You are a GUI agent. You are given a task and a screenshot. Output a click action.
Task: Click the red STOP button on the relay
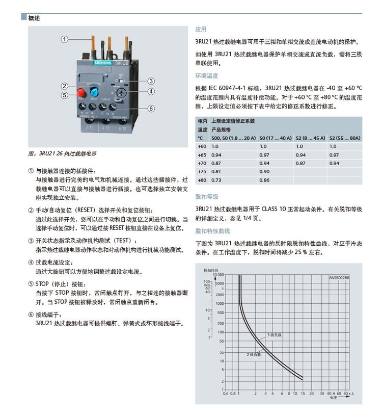coord(80,92)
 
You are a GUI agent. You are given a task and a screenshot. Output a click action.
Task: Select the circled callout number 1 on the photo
coord(65,39)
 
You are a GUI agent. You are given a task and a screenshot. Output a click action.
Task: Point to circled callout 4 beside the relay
coord(151,92)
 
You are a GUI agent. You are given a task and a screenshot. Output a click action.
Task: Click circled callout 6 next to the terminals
coord(151,108)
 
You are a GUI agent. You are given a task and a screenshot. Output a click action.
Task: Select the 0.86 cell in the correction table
coord(264,180)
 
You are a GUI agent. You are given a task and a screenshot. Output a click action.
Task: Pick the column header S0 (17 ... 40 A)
coord(276,138)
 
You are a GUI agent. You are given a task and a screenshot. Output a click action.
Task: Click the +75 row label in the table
coord(202,171)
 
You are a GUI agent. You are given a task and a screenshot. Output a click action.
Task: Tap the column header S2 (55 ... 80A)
coord(345,138)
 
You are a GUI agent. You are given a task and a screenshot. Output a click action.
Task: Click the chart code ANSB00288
coord(339,278)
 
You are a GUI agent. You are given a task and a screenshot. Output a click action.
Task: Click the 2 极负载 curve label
coord(254,354)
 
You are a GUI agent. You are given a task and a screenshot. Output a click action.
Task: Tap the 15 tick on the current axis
coord(303,394)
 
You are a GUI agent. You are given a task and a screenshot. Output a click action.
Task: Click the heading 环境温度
coord(207,75)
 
